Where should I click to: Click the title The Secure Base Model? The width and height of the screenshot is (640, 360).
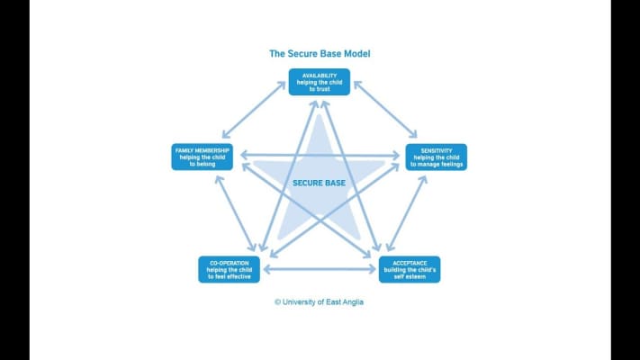coord(320,53)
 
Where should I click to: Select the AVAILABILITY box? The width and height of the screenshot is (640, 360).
coord(320,82)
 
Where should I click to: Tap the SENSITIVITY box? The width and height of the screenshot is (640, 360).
coord(436,157)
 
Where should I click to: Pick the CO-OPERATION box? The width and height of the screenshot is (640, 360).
coord(230,269)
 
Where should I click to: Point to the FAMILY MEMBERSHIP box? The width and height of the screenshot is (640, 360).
coord(203,157)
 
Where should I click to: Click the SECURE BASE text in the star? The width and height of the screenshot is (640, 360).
coord(320,183)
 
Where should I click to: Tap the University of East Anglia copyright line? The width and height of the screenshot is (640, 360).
coord(320,302)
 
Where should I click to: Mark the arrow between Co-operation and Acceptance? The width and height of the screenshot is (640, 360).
coord(320,269)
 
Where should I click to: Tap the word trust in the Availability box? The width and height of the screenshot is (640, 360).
coord(325,89)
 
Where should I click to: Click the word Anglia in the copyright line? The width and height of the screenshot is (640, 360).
coord(350,302)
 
